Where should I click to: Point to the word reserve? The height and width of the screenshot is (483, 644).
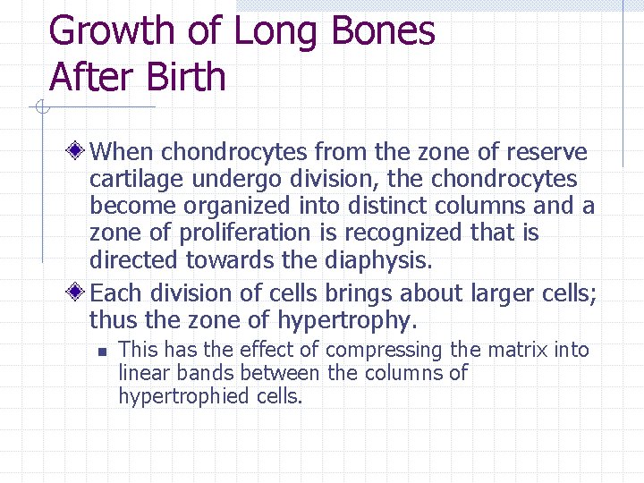[547, 152]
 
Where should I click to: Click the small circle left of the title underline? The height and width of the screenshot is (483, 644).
[40, 108]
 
